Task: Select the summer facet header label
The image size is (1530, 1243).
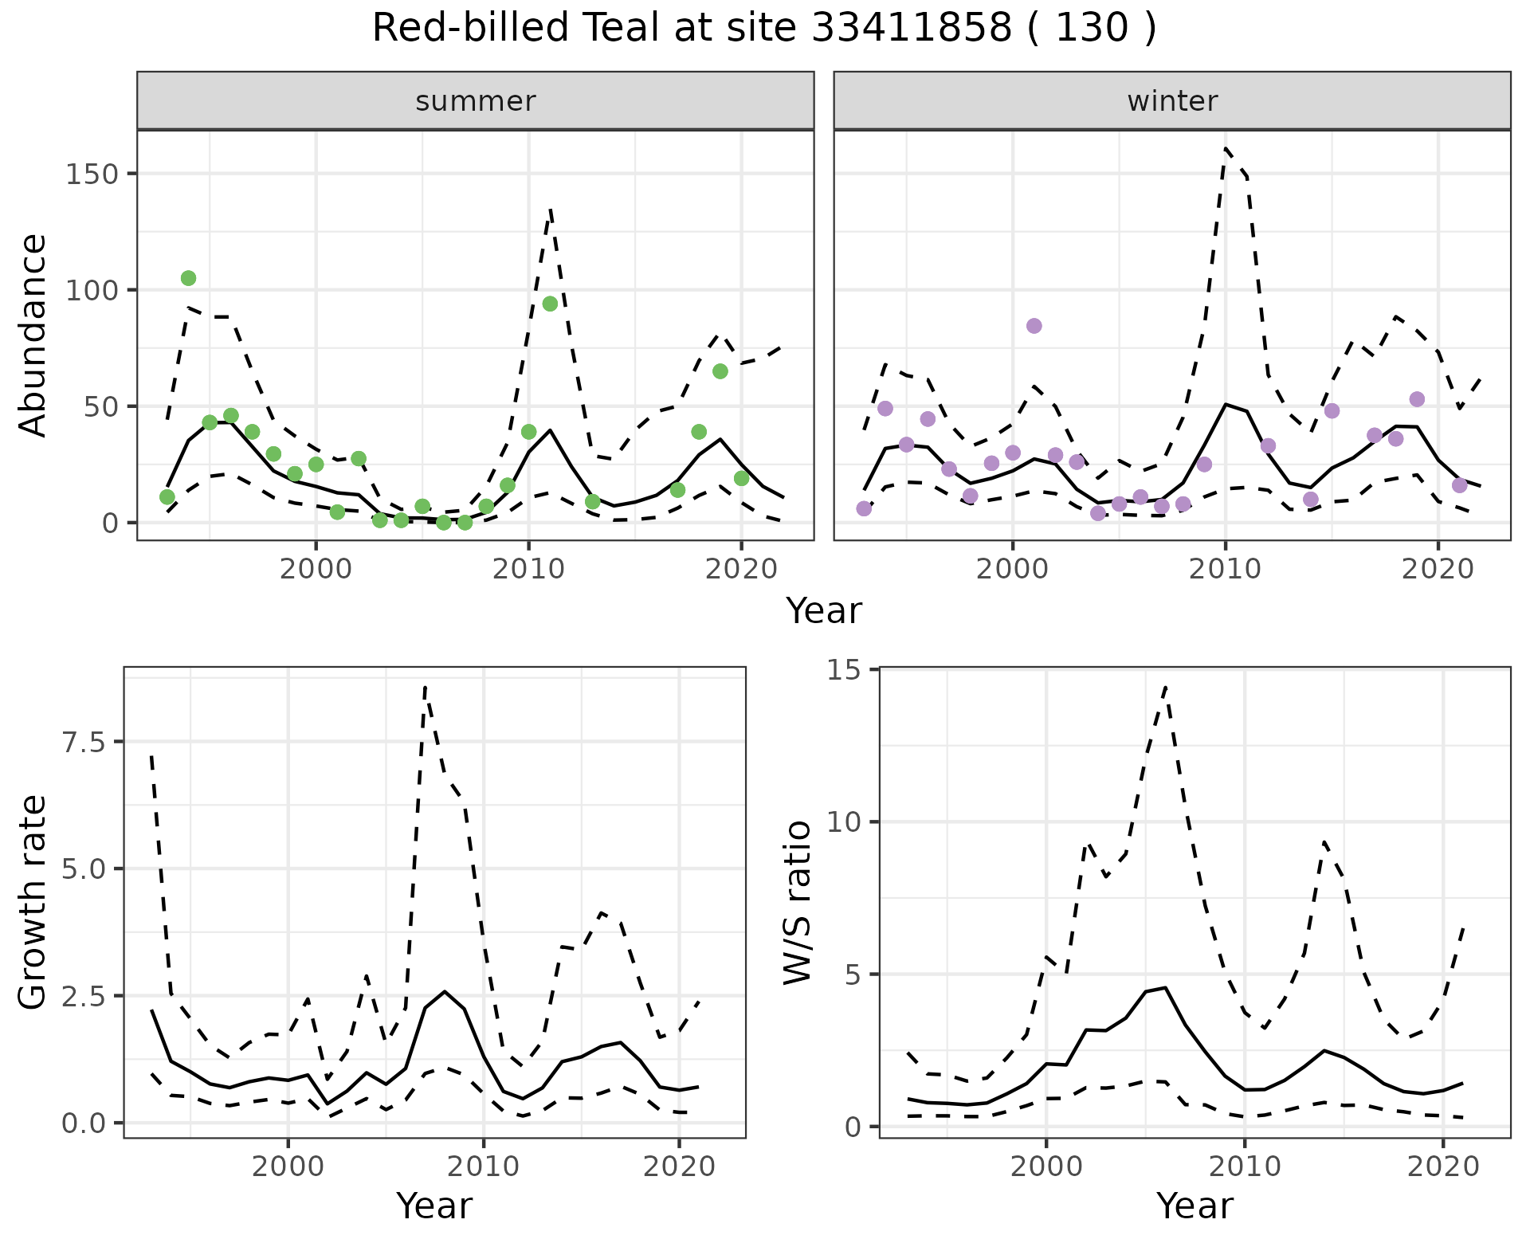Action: coord(476,101)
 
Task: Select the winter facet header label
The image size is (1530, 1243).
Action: coord(1172,101)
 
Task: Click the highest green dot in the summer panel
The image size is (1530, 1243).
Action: coord(189,278)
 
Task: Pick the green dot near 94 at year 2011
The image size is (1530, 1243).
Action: coord(550,304)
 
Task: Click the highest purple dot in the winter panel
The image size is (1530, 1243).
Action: coord(1034,326)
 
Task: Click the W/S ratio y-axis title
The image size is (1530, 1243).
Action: coord(797,902)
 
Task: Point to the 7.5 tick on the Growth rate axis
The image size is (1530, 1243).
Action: coord(83,742)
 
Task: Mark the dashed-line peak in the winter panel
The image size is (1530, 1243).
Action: coord(1225,148)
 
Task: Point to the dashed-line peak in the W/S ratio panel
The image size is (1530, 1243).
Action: coord(1165,687)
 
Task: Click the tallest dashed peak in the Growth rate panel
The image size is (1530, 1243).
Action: coord(426,687)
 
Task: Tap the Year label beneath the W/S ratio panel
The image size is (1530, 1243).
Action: coord(1195,1206)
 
